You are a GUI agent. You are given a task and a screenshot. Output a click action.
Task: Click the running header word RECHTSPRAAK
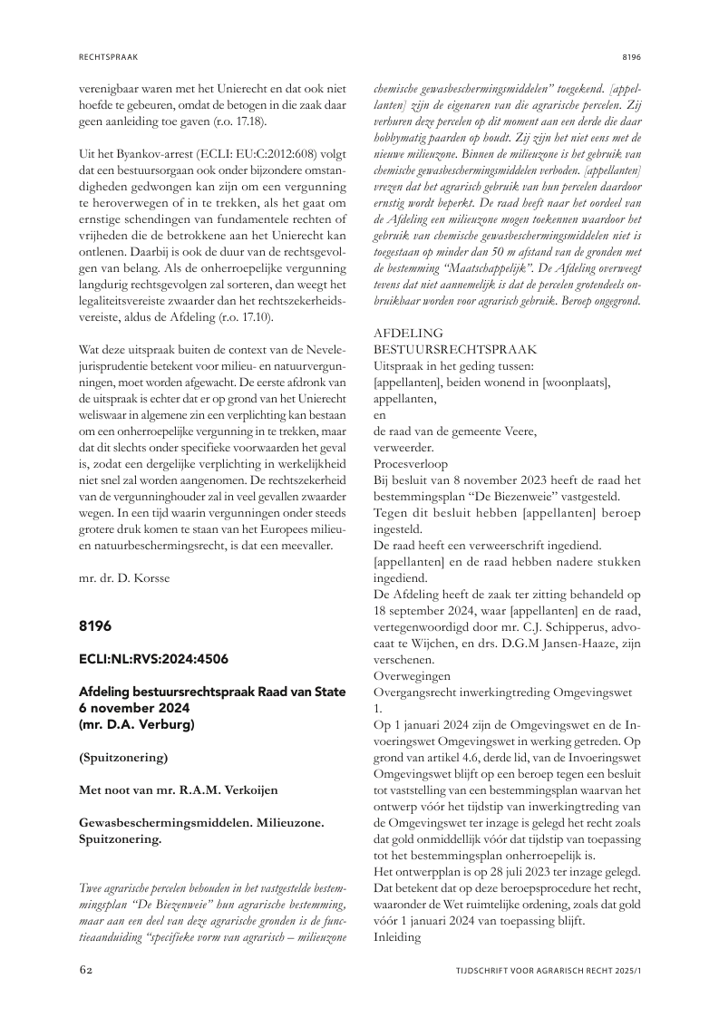pyautogui.click(x=107, y=56)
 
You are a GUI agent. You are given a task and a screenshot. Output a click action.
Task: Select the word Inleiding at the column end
pyautogui.click(x=398, y=937)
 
